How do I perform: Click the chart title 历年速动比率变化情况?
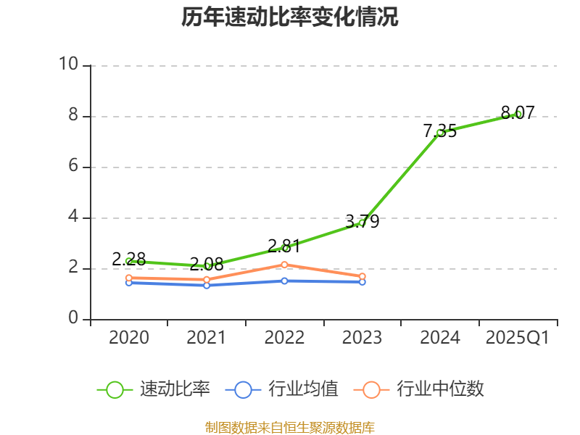point(290,17)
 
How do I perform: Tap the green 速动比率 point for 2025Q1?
point(518,114)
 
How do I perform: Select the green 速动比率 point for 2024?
point(440,133)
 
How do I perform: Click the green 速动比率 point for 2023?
point(362,223)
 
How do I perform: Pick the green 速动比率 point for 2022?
point(285,248)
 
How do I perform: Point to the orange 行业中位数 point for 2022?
point(284,265)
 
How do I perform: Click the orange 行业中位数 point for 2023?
point(362,276)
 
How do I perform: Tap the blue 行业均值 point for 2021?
point(207,286)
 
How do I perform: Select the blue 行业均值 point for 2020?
point(129,282)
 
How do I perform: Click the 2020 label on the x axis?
point(129,338)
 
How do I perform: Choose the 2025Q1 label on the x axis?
point(518,338)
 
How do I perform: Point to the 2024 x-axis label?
point(440,338)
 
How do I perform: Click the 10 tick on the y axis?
point(68,65)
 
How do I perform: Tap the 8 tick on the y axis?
point(72,115)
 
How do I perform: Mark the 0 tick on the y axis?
point(72,318)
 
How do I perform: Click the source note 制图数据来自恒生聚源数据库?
point(290,427)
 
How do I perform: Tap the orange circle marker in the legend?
point(371,389)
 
